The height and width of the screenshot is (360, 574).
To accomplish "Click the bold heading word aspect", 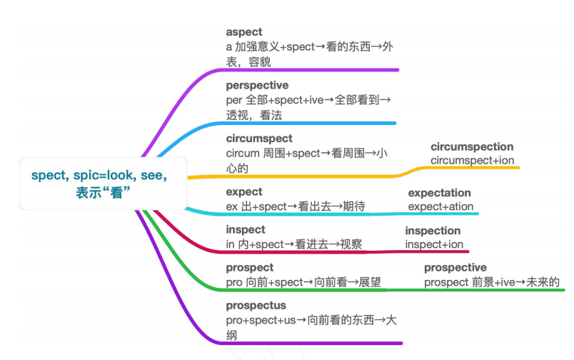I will (x=244, y=32).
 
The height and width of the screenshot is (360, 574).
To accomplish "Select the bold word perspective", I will (x=257, y=86).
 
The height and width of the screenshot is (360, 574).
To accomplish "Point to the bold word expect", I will (x=244, y=192).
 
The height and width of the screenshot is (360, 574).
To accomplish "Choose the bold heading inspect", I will (x=246, y=230).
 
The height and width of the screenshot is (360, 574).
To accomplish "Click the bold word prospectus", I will (x=256, y=306).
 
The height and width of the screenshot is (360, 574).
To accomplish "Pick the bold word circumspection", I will (x=472, y=147).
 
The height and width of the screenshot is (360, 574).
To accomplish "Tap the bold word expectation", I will (x=439, y=193).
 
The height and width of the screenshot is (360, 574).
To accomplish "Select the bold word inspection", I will (x=433, y=231).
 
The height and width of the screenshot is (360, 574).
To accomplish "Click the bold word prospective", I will (x=455, y=268).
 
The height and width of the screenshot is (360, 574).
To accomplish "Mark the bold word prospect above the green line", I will (x=249, y=268).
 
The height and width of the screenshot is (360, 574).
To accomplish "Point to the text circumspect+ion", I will (x=472, y=160).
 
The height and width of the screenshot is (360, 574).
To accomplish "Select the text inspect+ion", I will (x=434, y=244).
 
